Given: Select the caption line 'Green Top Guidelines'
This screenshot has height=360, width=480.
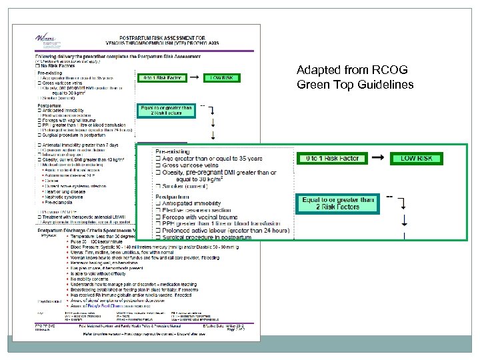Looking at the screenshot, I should point(356,85).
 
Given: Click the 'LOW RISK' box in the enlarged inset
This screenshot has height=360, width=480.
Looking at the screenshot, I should point(416,159).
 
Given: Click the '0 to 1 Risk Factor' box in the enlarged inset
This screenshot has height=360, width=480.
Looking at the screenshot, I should point(332,159).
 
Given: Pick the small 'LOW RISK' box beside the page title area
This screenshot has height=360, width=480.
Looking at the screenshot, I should point(222,78).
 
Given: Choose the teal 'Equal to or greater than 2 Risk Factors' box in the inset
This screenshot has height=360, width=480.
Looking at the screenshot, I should point(338,203).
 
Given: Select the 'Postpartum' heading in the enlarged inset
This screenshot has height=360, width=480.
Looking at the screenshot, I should point(175,197).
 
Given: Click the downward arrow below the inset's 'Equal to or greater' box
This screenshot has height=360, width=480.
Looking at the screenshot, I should point(405,220).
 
